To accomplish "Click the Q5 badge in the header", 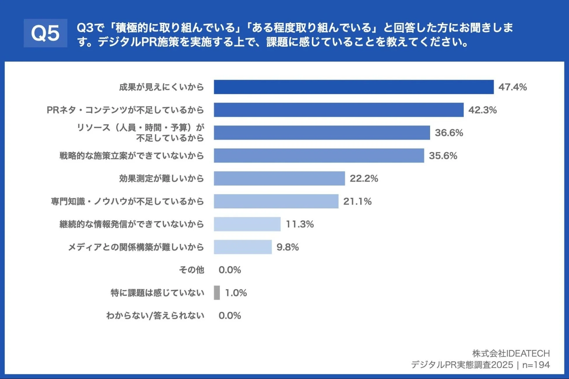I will pos(45,33).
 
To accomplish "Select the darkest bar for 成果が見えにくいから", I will pos(353,87).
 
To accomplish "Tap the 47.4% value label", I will pos(512,87).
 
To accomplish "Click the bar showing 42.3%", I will pos(338,110).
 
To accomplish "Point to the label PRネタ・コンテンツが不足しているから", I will pos(125,110).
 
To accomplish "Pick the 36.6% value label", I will pos(449,133).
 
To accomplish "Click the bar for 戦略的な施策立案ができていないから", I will pos(319,156).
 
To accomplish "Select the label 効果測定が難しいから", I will pos(161,178).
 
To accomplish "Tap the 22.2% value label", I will pos(364,178).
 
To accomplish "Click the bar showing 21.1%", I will pos(276,201).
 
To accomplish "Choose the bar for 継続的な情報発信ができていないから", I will pos(247,224).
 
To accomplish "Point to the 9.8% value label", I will pos(287,247).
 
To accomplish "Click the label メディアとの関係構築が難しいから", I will pos(136,247).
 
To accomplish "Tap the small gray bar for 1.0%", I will pos(217,293).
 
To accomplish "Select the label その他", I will pos(191,270).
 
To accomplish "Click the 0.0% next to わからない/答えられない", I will pos(230,316).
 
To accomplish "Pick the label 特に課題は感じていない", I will pos(157,293).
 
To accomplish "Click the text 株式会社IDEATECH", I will pos(511,353).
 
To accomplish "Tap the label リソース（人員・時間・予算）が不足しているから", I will pos(140,133).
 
